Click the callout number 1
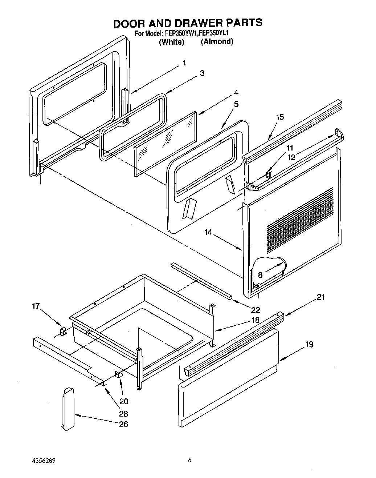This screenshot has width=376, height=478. point(184,63)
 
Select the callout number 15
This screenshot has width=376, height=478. point(279,117)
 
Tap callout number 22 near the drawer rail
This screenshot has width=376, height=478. point(256,310)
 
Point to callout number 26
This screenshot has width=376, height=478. point(123,424)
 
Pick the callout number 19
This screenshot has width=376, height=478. point(309,344)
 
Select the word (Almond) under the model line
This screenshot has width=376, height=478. point(217,41)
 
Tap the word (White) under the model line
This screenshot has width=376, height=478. point(172,42)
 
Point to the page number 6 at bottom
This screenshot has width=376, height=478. point(189,460)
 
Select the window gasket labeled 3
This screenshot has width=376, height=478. point(132,126)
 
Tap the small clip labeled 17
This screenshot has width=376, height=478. point(62,331)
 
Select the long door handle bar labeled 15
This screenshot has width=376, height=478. point(294,129)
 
